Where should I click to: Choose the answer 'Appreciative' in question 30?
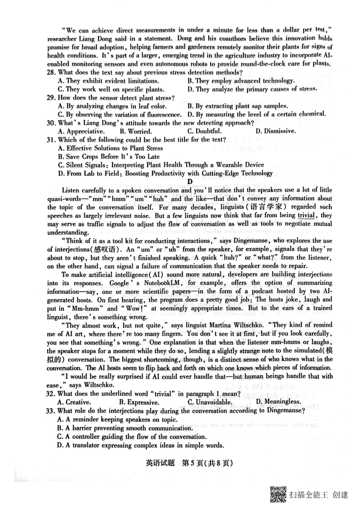(x=81, y=131)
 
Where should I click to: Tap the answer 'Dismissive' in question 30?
(x=275, y=131)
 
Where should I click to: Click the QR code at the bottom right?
(x=278, y=495)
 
